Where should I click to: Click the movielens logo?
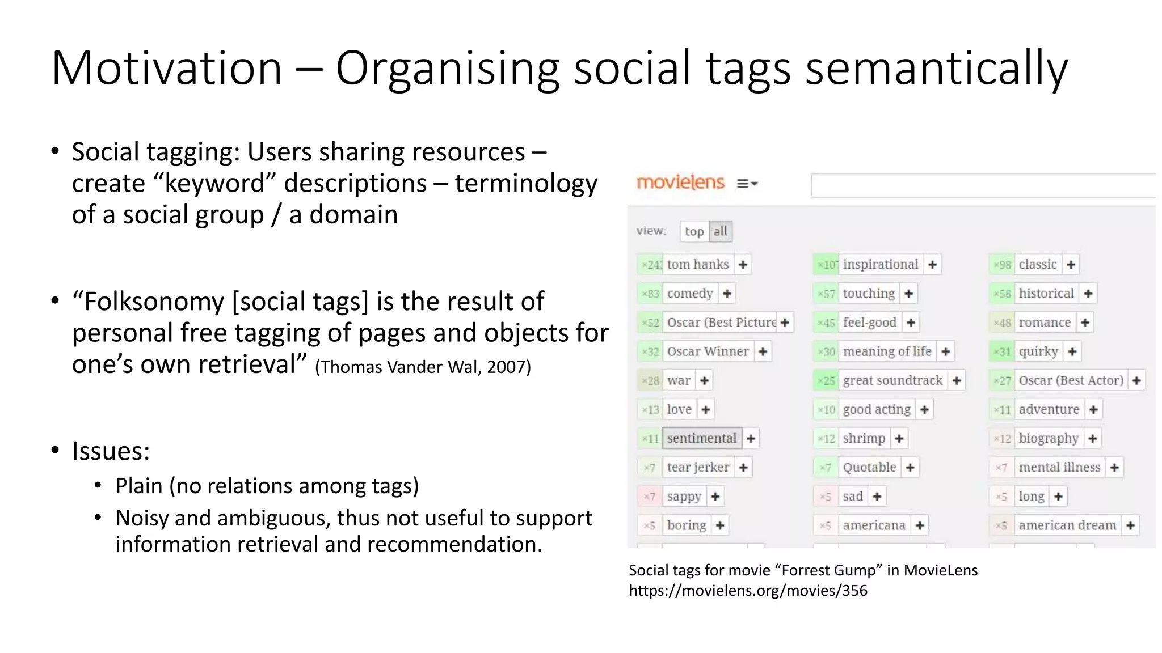680,183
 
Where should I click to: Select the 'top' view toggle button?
694,231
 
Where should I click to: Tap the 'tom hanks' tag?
697,265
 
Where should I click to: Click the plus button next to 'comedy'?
727,294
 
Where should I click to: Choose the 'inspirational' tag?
880,265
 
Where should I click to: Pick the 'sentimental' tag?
701,438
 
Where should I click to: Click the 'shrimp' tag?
864,438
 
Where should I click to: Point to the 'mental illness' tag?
1059,467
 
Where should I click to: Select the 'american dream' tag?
1067,525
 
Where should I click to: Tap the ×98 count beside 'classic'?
1003,265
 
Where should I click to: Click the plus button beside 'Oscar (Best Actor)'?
1136,380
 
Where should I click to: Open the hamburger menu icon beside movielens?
747,184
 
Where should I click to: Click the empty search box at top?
982,185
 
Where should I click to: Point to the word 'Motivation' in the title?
167,69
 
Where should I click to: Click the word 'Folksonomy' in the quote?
154,302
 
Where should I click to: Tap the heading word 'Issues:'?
111,451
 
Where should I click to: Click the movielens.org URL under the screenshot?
748,591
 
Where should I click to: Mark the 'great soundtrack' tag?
892,380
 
